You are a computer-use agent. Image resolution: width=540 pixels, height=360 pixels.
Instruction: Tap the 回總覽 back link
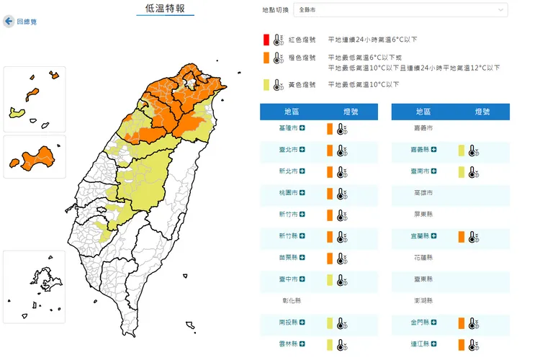pyautogui.click(x=27, y=22)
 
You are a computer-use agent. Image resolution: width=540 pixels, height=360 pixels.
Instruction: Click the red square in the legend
pyautogui.click(x=266, y=40)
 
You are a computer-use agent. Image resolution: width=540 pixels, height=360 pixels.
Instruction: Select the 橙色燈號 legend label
pyautogui.click(x=302, y=58)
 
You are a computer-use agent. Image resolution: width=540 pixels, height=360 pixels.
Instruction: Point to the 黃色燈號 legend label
pyautogui.click(x=302, y=85)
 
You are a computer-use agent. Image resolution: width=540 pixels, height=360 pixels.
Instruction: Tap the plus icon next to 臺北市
pyautogui.click(x=302, y=150)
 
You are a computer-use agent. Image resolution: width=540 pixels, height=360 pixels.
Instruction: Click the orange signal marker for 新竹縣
pyautogui.click(x=329, y=236)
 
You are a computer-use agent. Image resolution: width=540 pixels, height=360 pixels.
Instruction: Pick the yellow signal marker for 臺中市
pyautogui.click(x=329, y=279)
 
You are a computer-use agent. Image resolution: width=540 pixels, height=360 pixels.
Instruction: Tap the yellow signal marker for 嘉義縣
pyautogui.click(x=461, y=150)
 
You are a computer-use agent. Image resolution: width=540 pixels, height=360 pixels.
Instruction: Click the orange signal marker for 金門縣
pyautogui.click(x=461, y=323)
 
